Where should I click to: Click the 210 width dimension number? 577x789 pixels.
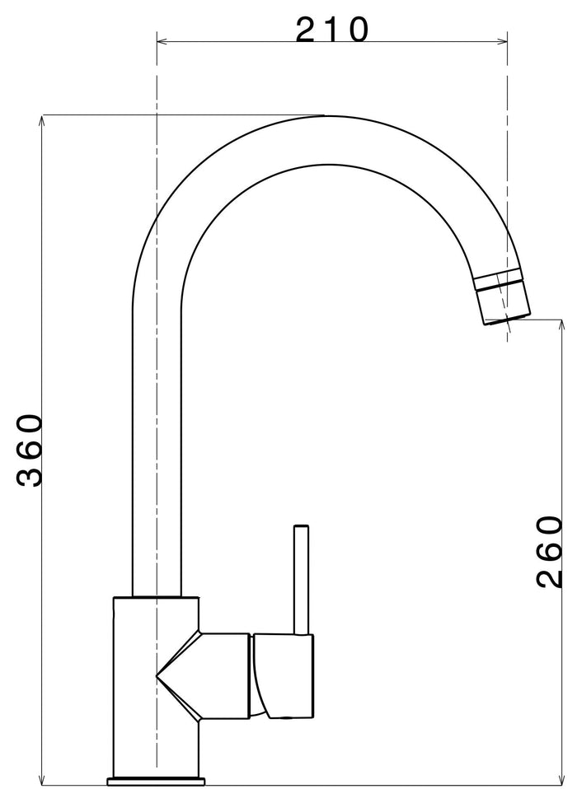point(332,30)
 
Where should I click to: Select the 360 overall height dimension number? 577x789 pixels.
point(30,451)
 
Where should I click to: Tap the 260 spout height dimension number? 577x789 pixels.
point(549,552)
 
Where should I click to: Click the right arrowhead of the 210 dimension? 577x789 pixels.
point(503,40)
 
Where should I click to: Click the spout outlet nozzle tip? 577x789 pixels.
point(504,305)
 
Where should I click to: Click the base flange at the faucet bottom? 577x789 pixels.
point(156,778)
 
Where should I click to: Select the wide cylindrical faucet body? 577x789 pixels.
point(136,684)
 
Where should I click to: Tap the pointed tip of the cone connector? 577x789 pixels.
point(158,676)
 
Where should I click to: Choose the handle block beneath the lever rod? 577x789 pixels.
point(284,675)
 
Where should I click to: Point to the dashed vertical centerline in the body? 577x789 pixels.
point(156,725)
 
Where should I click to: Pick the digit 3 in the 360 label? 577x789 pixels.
point(30,474)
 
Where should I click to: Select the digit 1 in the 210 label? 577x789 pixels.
point(332,30)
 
